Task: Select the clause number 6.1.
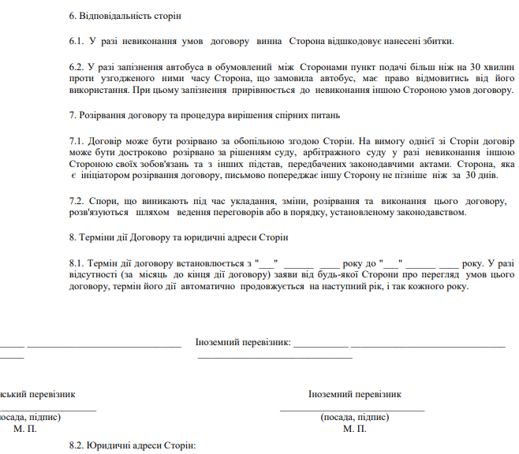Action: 77,41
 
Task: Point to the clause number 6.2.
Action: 77,67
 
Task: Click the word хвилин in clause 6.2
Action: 498,67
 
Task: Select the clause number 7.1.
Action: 77,140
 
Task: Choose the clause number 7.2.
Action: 77,201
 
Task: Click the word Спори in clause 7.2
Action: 104,201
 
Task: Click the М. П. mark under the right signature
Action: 355,430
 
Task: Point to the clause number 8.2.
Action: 77,446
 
